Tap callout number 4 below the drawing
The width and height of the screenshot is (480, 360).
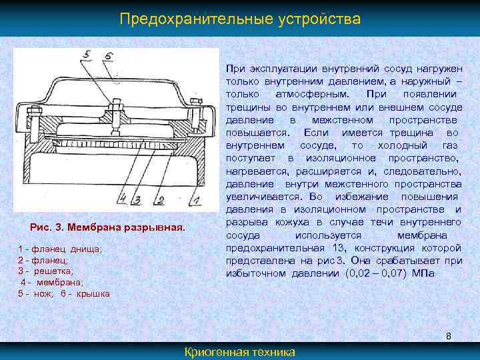coord(123,198)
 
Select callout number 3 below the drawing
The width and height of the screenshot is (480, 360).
coord(136,199)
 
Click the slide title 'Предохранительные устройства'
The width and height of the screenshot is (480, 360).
coord(240,19)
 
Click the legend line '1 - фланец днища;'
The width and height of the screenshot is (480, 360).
coord(60,249)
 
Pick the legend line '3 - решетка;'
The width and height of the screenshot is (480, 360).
coord(46,271)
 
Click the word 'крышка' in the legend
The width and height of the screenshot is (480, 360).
coord(93,294)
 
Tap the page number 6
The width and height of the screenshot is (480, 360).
coord(449,336)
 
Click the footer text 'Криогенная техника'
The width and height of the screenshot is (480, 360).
coord(240,352)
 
